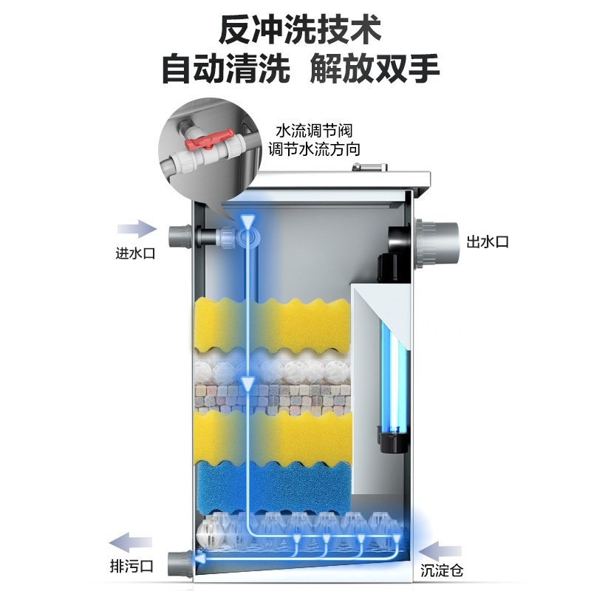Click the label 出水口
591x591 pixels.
pos(488,242)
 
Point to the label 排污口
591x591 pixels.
pos(131,567)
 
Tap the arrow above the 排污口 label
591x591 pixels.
pos(131,541)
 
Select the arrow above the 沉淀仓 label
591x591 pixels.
pos(442,548)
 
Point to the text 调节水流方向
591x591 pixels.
pos(314,150)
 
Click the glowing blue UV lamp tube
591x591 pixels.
pos(392,380)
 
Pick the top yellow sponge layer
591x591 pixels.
pos(273,325)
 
